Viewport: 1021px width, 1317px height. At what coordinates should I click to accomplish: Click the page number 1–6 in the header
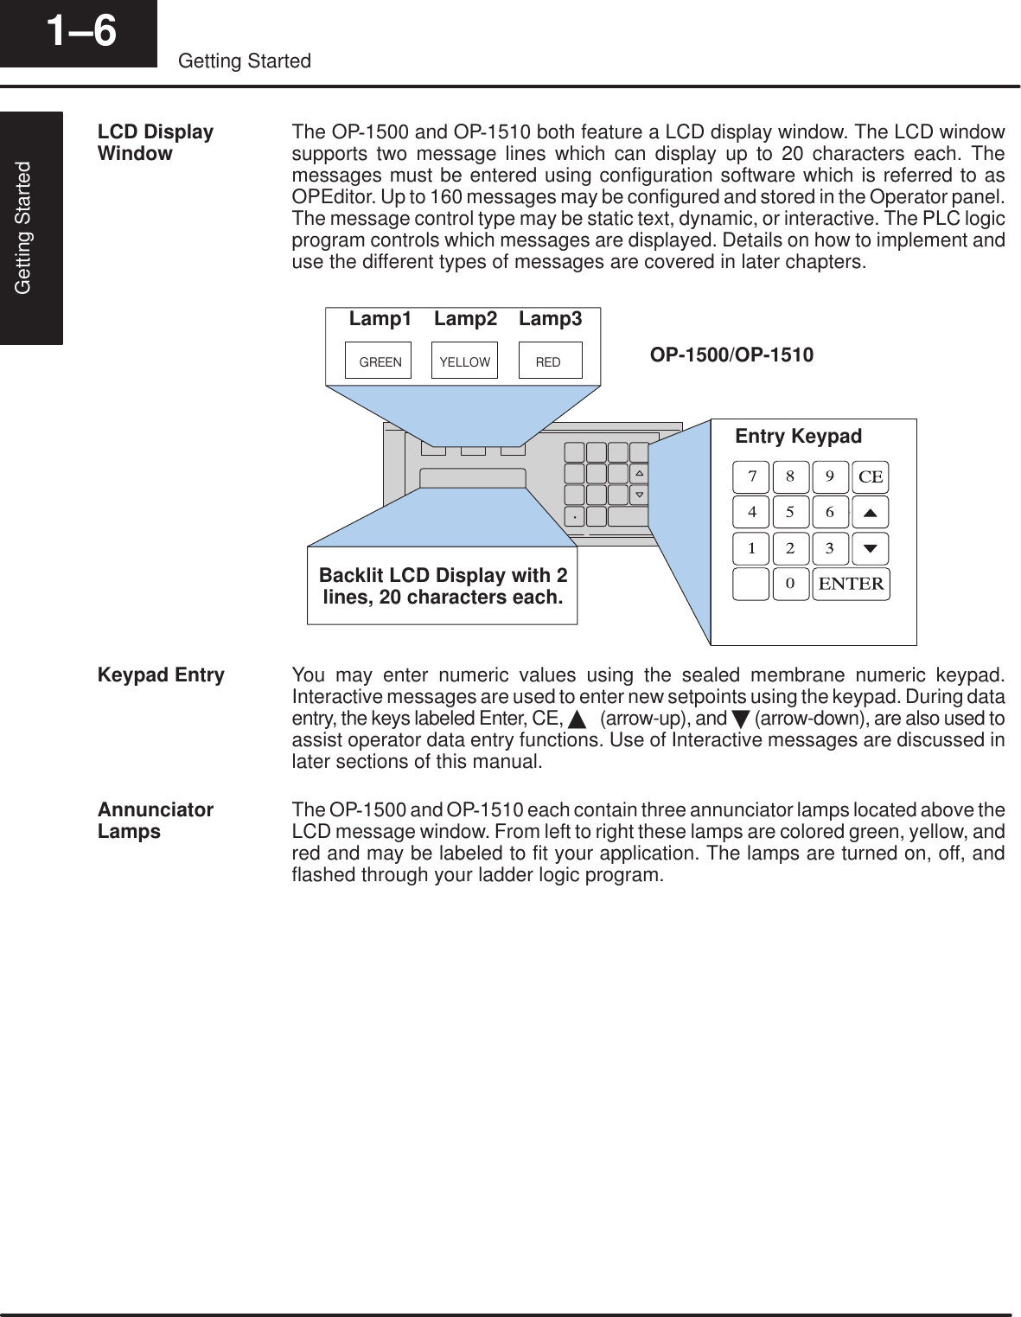80,31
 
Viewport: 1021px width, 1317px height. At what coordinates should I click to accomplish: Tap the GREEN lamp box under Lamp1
380,361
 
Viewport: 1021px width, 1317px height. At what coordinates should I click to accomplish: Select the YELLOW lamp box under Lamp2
465,361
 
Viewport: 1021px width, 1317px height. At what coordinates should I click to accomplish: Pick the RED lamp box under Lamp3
549,361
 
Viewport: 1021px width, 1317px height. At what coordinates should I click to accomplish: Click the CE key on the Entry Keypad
871,476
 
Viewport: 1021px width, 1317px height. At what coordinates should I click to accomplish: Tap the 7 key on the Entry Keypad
751,476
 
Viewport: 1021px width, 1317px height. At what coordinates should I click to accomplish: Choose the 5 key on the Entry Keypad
790,512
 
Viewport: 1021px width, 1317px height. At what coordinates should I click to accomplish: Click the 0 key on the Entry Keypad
790,584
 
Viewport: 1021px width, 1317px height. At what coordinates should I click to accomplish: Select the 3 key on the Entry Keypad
830,548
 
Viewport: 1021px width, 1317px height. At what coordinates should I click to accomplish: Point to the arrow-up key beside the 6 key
871,512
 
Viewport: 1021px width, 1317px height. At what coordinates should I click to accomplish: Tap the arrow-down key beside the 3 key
871,548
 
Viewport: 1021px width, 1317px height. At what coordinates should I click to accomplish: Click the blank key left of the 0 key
751,584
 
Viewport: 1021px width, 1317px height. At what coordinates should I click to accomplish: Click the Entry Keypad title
798,437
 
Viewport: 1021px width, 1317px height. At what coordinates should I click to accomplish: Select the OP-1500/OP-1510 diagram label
731,355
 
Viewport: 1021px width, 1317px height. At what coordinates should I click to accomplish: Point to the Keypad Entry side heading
161,675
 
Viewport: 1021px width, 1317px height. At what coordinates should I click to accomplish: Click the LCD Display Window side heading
156,143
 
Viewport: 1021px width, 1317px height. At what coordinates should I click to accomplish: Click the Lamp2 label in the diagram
465,319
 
